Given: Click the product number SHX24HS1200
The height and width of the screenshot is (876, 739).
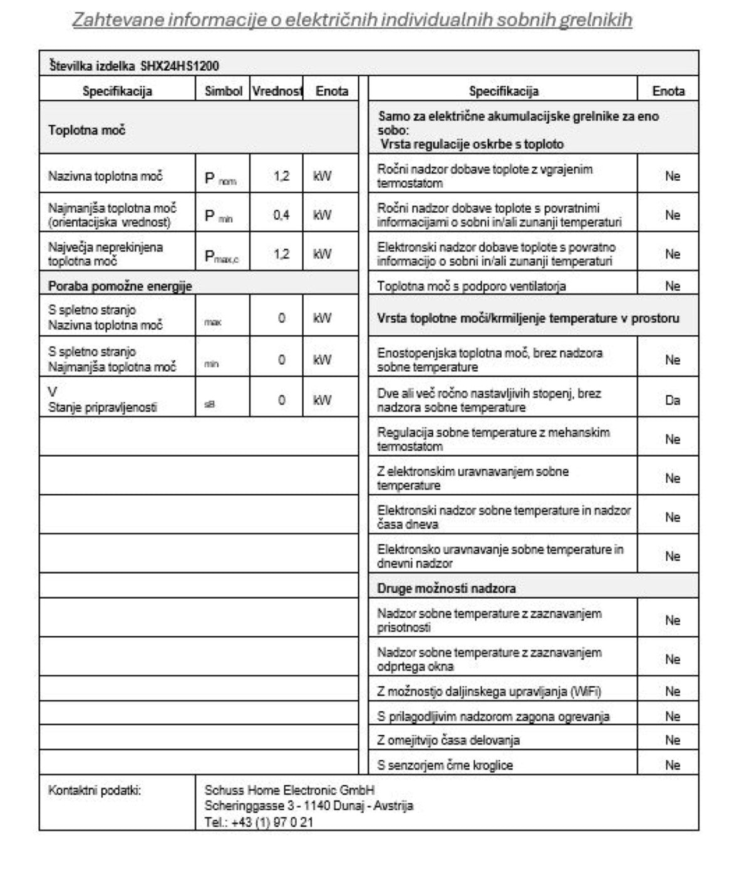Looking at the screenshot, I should tap(179, 66).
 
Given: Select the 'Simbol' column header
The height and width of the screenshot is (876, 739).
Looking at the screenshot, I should tap(223, 91).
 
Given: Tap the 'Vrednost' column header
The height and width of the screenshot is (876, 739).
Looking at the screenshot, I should tap(276, 91).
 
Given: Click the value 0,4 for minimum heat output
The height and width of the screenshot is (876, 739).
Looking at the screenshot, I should tap(281, 215).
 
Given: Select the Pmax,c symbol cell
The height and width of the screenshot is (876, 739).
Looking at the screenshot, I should tap(222, 256).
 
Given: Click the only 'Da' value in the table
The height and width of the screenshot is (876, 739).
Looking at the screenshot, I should tap(672, 400).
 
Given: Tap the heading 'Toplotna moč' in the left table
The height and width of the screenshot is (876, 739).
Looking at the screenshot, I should tap(86, 131).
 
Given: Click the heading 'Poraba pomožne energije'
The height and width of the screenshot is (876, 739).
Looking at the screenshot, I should tap(120, 287).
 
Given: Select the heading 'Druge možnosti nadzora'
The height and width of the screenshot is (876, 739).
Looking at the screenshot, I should tap(446, 589).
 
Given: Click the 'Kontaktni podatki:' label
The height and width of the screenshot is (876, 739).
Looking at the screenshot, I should tap(95, 790).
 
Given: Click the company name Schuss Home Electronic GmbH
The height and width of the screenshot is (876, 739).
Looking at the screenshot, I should tap(289, 790).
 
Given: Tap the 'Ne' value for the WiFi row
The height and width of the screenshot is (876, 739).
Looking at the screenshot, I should tap(672, 691).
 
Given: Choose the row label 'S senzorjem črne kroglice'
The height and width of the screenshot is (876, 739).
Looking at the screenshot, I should tap(445, 765).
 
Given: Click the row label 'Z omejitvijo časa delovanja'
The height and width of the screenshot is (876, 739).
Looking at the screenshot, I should tap(448, 740).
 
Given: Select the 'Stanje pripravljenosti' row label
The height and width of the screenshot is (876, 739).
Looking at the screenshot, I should tap(103, 408).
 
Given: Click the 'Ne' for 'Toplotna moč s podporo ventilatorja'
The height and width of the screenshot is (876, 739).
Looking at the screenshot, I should tap(672, 287).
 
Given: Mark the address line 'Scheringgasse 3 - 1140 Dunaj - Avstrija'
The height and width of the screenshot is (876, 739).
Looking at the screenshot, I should tap(309, 806).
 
